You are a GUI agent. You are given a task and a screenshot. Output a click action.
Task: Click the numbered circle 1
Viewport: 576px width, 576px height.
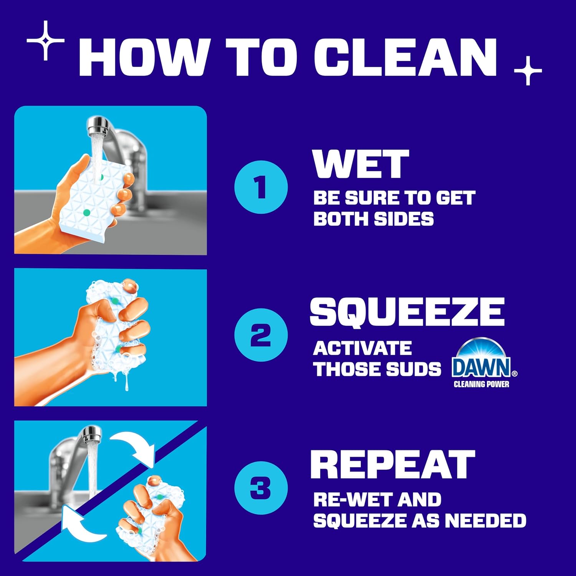pyautogui.click(x=261, y=187)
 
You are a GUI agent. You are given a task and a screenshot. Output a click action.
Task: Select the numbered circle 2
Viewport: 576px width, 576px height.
pyautogui.click(x=261, y=334)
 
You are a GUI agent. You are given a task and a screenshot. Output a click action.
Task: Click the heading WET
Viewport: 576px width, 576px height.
pyautogui.click(x=361, y=164)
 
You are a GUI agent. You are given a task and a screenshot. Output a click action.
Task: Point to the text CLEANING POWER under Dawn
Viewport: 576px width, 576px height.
pyautogui.click(x=481, y=384)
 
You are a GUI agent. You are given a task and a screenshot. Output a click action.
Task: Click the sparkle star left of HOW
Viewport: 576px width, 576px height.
pyautogui.click(x=46, y=41)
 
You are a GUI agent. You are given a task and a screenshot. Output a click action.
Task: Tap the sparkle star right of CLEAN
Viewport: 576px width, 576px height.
pyautogui.click(x=528, y=71)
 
